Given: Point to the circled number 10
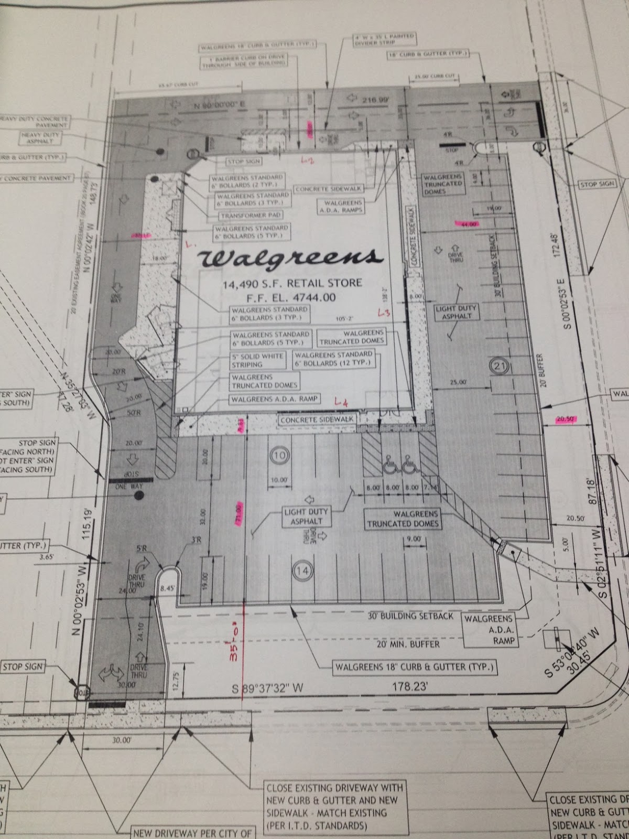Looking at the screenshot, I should click(x=278, y=455).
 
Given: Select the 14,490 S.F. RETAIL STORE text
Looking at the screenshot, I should click(x=292, y=283).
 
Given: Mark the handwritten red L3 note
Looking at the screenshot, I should click(x=384, y=313).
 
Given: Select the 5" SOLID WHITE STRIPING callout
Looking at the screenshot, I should click(x=258, y=360).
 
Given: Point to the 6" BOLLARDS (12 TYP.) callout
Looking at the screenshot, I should click(x=333, y=358).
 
